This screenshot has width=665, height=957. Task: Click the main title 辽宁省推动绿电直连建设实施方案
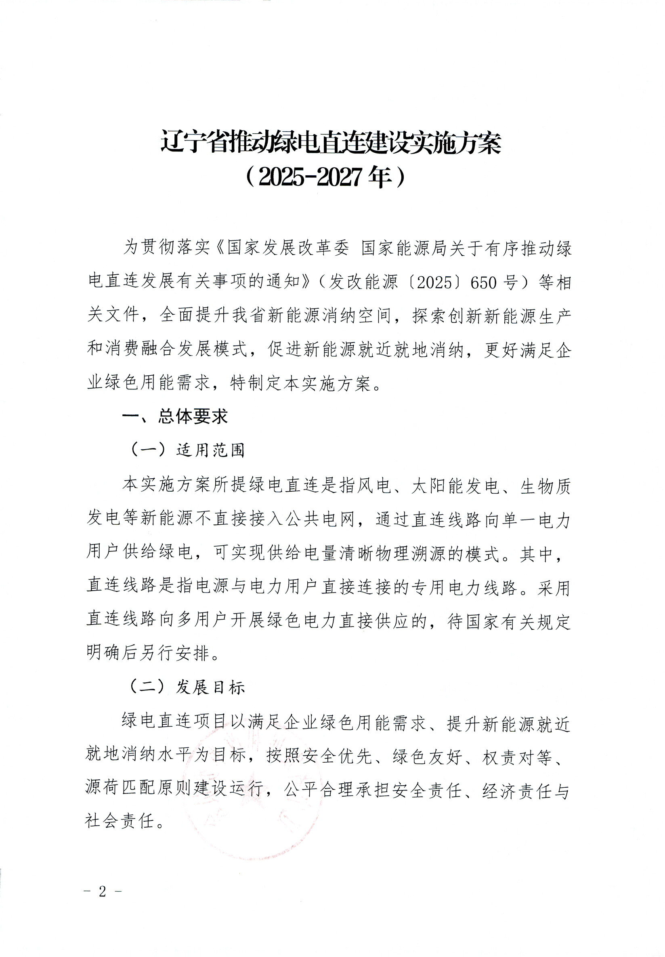pyautogui.click(x=331, y=143)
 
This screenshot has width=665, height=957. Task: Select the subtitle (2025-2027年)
pyautogui.click(x=325, y=178)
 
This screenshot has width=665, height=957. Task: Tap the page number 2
pyautogui.click(x=103, y=891)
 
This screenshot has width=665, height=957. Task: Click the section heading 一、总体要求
pyautogui.click(x=175, y=417)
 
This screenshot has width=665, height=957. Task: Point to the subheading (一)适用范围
pyautogui.click(x=188, y=450)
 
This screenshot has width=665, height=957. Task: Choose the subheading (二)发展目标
pyautogui.click(x=188, y=687)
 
